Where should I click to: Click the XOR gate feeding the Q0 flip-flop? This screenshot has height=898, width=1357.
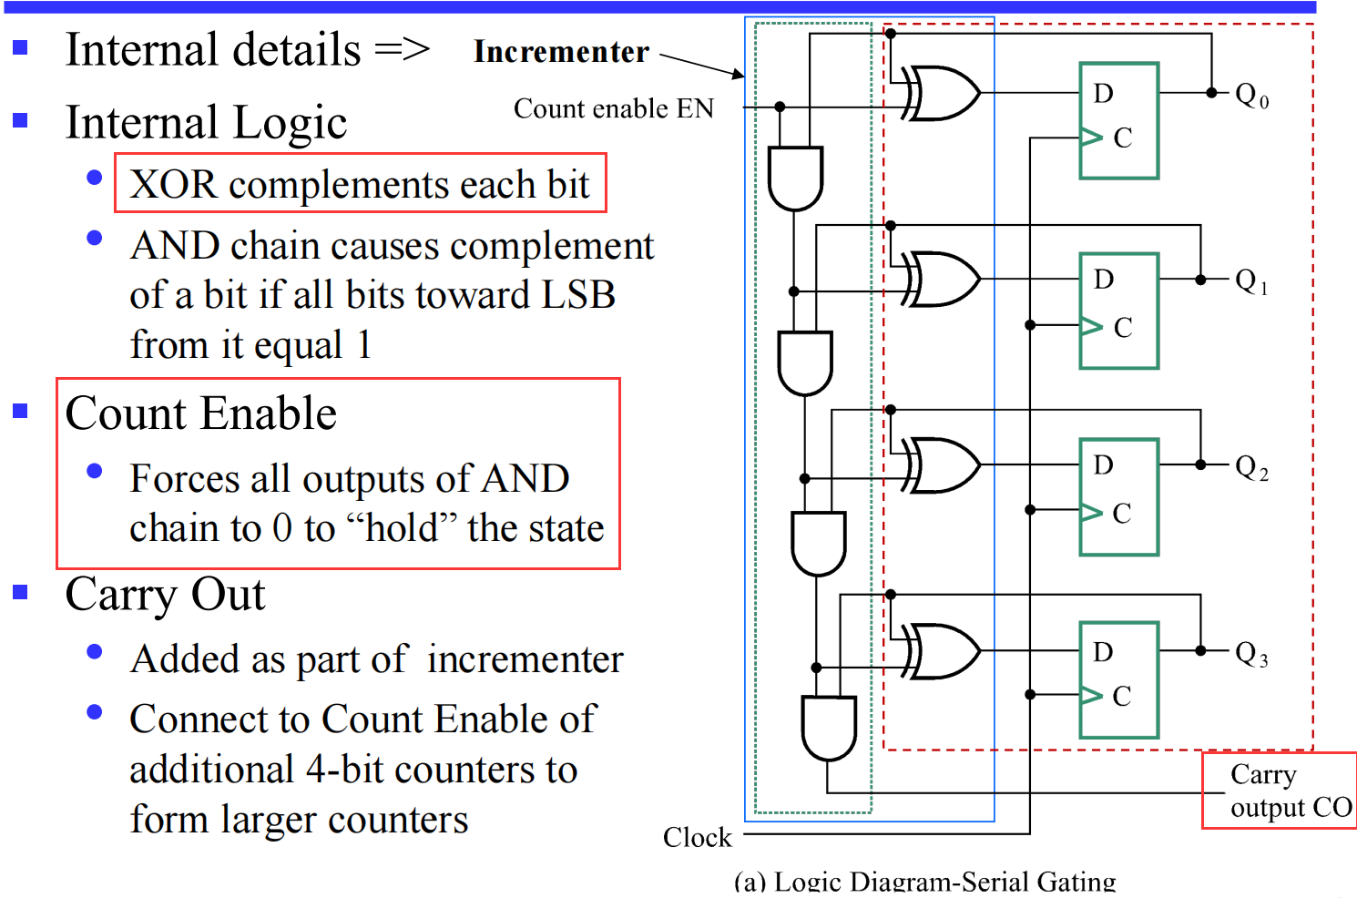click(943, 93)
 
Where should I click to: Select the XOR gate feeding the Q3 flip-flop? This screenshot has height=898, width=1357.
click(943, 651)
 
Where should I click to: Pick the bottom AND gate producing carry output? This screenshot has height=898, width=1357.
click(828, 728)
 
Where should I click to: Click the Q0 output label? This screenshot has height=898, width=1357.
click(1251, 95)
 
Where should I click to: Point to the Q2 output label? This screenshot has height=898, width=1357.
click(1251, 467)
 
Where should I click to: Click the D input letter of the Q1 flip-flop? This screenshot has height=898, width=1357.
click(1104, 279)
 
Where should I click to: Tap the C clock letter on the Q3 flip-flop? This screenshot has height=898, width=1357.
click(1122, 696)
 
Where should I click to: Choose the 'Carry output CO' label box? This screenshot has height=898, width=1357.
click(1280, 791)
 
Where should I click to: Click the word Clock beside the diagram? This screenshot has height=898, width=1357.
click(697, 837)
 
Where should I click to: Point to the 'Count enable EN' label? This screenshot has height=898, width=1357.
click(614, 108)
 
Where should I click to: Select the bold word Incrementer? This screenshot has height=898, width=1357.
click(561, 52)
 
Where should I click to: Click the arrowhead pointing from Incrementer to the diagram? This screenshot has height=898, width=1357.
click(737, 73)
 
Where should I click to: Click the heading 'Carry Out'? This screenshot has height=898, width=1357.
click(165, 595)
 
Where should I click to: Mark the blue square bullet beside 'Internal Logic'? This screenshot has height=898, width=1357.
click(20, 120)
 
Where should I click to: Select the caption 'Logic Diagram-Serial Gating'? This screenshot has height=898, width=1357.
click(944, 882)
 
